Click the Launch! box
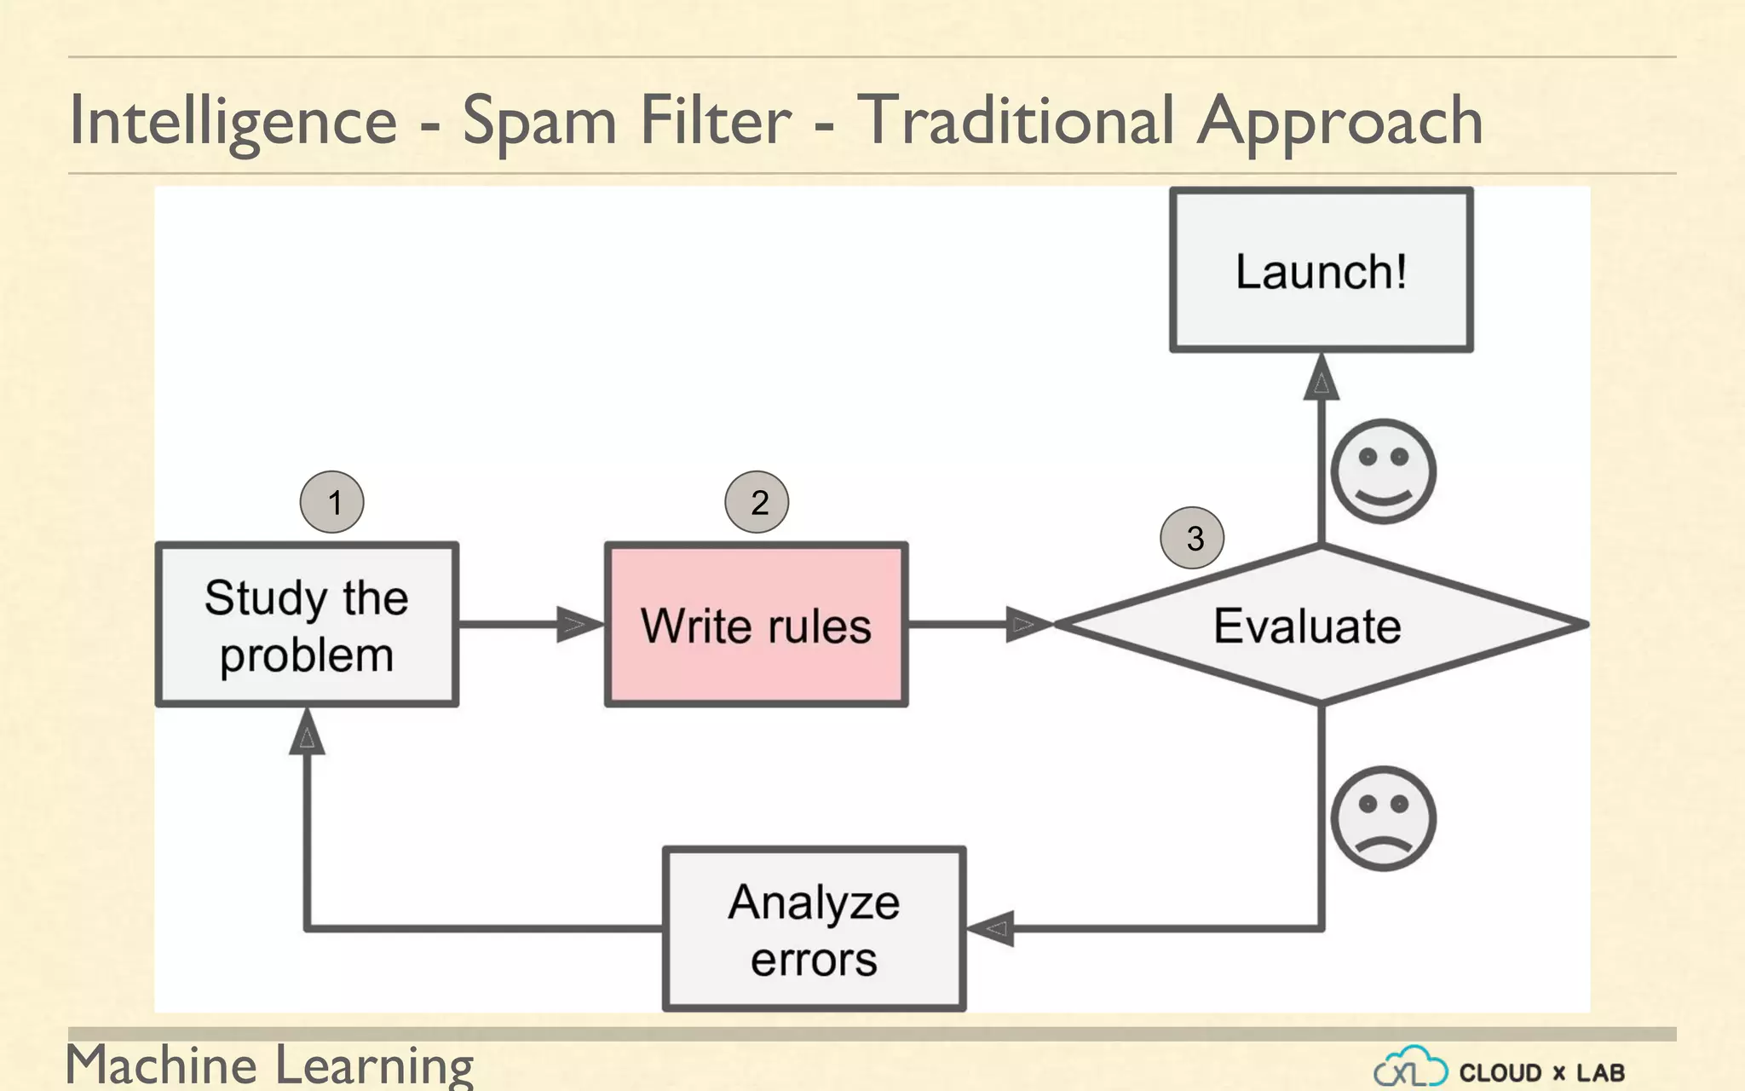[x=1321, y=270]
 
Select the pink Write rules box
[x=756, y=625]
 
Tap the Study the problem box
[x=307, y=625]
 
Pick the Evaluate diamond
[x=1321, y=625]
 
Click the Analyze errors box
[x=814, y=928]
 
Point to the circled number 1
[x=332, y=502]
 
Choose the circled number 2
[x=757, y=502]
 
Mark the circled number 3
[x=1192, y=538]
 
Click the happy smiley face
[x=1383, y=471]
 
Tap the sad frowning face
[x=1383, y=818]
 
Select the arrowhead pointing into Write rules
[x=579, y=625]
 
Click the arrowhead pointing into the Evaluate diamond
[x=1028, y=625]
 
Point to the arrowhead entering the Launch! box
[x=1321, y=377]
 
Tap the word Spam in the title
[x=539, y=121]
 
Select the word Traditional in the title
[x=1016, y=121]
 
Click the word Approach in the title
[x=1339, y=121]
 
